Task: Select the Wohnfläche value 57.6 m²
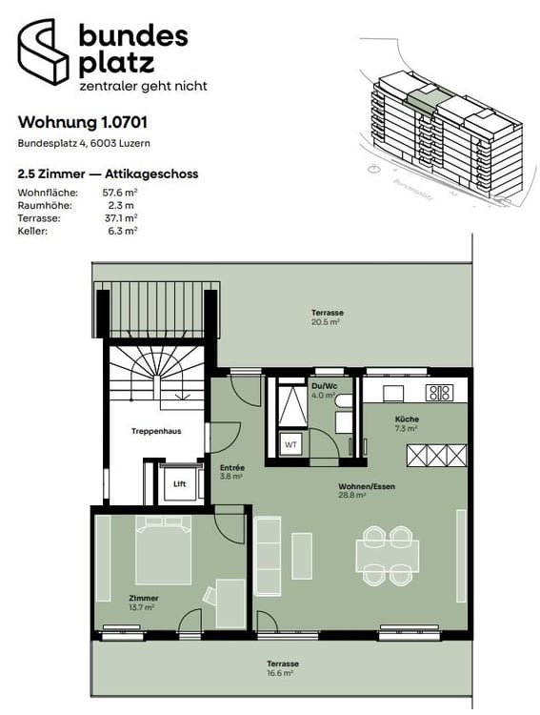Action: click(120, 193)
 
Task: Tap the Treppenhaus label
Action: click(156, 431)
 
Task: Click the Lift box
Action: click(180, 482)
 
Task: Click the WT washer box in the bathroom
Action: click(290, 443)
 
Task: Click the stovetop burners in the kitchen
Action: click(439, 391)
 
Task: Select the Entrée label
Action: click(232, 471)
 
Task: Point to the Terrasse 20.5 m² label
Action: click(327, 317)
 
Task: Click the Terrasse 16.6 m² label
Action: click(283, 667)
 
